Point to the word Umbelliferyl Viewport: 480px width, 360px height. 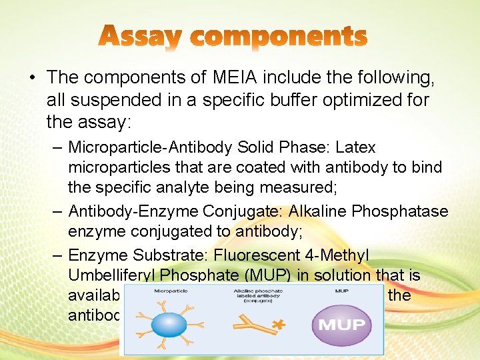pos(110,274)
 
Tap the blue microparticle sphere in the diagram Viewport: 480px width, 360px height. pos(169,325)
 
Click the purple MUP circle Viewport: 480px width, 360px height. pos(341,325)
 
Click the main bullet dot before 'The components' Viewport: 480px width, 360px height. pos(33,78)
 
